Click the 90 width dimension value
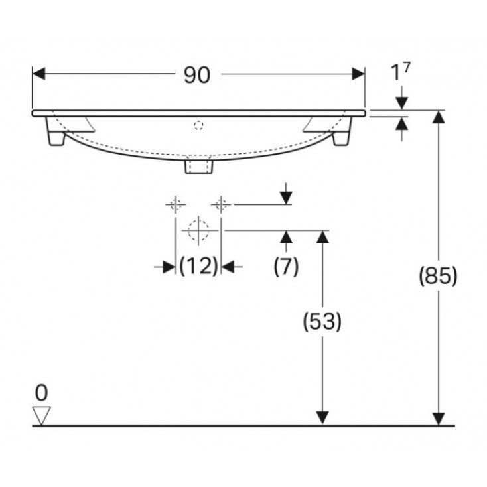pos(197,75)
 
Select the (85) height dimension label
pos(439,276)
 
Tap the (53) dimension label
pos(322,321)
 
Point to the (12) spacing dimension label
pos(199,266)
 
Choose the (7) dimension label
pos(286,266)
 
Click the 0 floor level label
pos(41,393)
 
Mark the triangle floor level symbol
pos(41,415)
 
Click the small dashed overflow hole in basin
pos(199,125)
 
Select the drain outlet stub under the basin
pos(199,165)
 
